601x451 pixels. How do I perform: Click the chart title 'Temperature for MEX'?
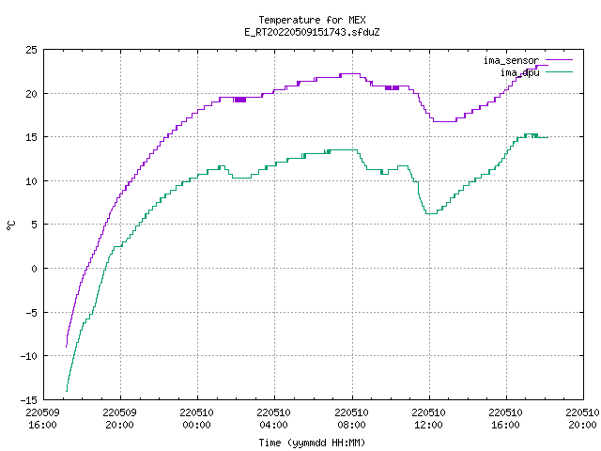pyautogui.click(x=312, y=20)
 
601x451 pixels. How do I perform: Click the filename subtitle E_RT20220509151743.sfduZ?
pyautogui.click(x=312, y=32)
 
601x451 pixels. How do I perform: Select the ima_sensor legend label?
pyautogui.click(x=511, y=60)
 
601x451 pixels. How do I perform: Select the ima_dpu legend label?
pyautogui.click(x=519, y=72)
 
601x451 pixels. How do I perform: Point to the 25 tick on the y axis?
pyautogui.click(x=32, y=50)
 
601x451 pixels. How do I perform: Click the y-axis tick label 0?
pyautogui.click(x=35, y=269)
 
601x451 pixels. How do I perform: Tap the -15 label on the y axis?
pyautogui.click(x=29, y=399)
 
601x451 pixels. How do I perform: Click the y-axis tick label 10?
pyautogui.click(x=32, y=181)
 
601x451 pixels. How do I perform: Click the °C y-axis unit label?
pyautogui.click(x=10, y=225)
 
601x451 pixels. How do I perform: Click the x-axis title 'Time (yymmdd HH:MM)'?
pyautogui.click(x=312, y=443)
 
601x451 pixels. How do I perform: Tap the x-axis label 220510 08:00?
pyautogui.click(x=351, y=418)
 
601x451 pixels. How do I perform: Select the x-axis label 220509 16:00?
pyautogui.click(x=42, y=418)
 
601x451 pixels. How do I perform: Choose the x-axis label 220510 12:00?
pyautogui.click(x=428, y=418)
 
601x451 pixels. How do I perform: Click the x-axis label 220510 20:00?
pyautogui.click(x=582, y=418)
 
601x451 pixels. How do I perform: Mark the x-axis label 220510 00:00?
pyautogui.click(x=197, y=418)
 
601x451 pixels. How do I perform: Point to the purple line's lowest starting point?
pyautogui.click(x=67, y=347)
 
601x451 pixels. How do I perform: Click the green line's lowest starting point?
pyautogui.click(x=67, y=391)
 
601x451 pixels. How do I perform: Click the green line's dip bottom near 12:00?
pyautogui.click(x=432, y=213)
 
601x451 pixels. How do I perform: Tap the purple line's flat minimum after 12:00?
pyautogui.click(x=444, y=121)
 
